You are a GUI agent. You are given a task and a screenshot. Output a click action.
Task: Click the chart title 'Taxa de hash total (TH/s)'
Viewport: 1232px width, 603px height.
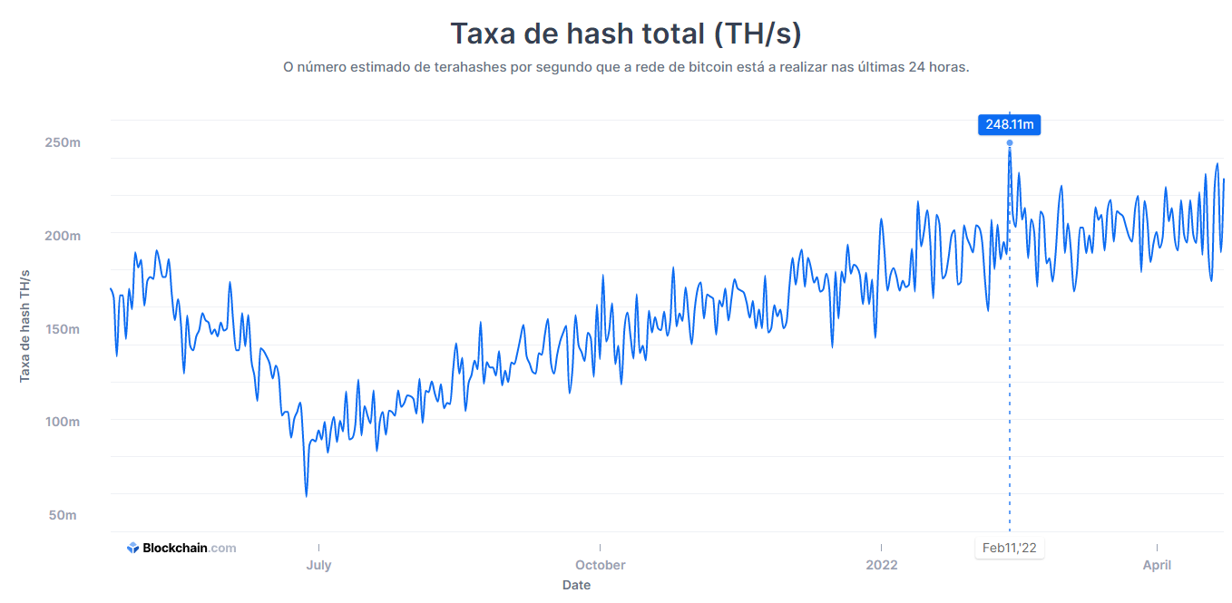pyautogui.click(x=626, y=34)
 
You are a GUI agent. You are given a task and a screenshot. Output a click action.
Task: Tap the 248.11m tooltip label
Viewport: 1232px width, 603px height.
pyautogui.click(x=1009, y=125)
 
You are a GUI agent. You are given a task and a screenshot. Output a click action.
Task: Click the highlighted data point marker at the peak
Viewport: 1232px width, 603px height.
pyautogui.click(x=1010, y=143)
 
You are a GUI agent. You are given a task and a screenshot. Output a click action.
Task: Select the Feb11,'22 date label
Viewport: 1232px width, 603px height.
pyautogui.click(x=1009, y=548)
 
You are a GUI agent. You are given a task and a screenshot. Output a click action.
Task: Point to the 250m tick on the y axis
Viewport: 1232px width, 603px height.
pyautogui.click(x=63, y=143)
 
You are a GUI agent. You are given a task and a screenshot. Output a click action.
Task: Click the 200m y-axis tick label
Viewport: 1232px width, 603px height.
pyautogui.click(x=63, y=236)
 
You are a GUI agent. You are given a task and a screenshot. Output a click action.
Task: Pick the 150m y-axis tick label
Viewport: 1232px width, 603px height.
pyautogui.click(x=63, y=329)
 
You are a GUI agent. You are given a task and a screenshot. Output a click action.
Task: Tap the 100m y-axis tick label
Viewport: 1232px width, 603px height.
pyautogui.click(x=63, y=423)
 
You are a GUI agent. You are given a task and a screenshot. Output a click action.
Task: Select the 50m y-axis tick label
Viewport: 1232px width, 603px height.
pyautogui.click(x=63, y=515)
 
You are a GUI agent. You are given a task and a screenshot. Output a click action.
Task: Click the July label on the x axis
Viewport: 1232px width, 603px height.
pyautogui.click(x=319, y=565)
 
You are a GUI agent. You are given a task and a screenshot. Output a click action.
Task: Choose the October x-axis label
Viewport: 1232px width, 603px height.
pyautogui.click(x=600, y=565)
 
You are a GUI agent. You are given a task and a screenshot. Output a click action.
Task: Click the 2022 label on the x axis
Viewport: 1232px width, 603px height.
pyautogui.click(x=882, y=565)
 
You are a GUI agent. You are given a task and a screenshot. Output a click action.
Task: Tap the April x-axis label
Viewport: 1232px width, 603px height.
pyautogui.click(x=1158, y=565)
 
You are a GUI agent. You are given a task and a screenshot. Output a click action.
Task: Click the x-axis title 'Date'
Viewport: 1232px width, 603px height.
pyautogui.click(x=576, y=585)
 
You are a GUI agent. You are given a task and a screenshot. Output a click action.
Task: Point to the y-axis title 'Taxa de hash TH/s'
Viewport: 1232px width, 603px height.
pyautogui.click(x=24, y=326)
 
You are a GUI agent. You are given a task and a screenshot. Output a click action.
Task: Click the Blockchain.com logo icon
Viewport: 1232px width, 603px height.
pyautogui.click(x=133, y=548)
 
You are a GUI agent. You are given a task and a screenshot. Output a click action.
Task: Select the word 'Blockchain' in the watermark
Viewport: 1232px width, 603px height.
pyautogui.click(x=175, y=548)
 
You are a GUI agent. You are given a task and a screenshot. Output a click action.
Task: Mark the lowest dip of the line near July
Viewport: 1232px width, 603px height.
pyautogui.click(x=307, y=496)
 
